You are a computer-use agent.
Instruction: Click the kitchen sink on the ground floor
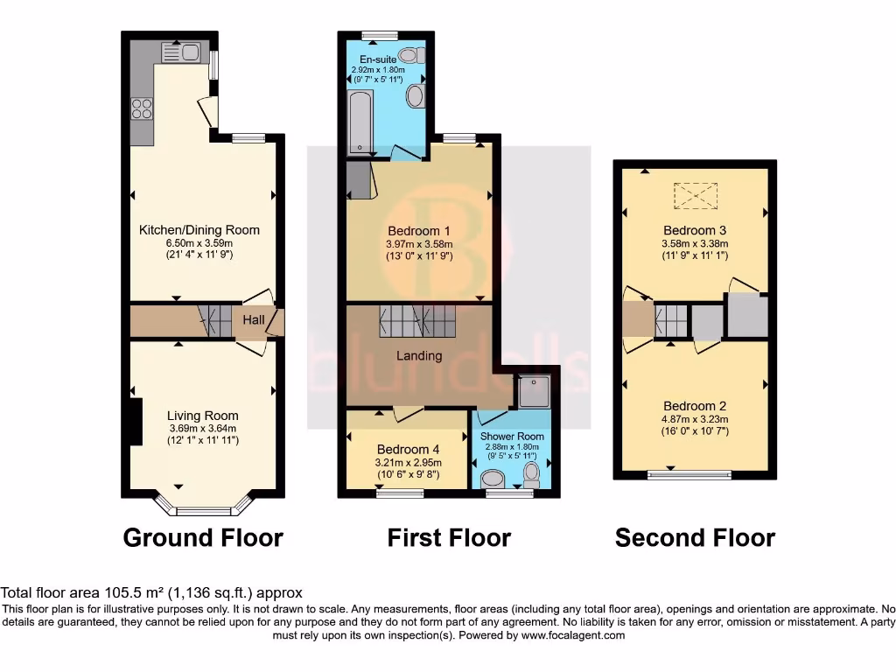point(182,52)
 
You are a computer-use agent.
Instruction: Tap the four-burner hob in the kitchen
point(141,109)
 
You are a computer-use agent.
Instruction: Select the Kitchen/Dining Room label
point(199,230)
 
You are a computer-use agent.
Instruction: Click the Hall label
point(254,320)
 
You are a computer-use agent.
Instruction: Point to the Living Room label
point(203,416)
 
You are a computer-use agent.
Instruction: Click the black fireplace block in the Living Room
point(136,422)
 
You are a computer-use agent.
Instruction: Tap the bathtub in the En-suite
point(358,122)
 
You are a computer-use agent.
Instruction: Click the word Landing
point(419,356)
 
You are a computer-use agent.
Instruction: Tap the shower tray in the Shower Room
point(533,392)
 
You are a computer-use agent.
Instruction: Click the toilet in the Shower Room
point(531,474)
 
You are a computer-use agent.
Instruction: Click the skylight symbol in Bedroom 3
point(696,196)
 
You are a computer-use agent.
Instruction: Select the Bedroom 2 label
point(695,406)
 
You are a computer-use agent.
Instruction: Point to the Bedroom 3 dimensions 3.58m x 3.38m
point(695,243)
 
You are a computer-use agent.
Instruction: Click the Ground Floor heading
point(203,537)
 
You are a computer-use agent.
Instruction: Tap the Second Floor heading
point(695,537)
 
